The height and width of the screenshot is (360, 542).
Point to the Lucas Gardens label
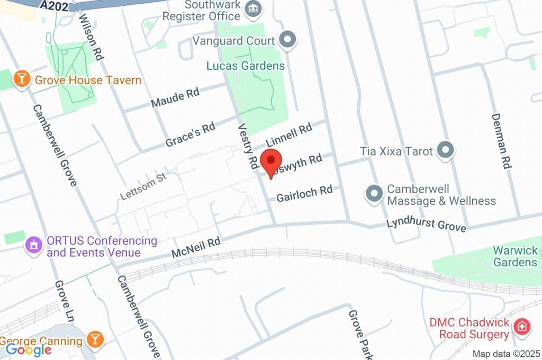pos(246,66)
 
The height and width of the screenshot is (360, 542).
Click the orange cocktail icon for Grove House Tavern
pos(22,79)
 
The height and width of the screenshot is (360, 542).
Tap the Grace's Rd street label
pos(190,135)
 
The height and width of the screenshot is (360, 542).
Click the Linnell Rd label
pos(289,136)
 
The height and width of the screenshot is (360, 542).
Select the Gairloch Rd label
pos(304,193)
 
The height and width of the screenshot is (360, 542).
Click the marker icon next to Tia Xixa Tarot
pos(446,150)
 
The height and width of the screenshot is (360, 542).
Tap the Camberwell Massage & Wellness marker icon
pos(374,194)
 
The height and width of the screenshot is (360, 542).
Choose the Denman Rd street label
pos(500,140)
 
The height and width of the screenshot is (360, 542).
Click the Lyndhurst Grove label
pos(426,224)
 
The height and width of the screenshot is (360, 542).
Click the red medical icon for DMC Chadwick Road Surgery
pos(522,327)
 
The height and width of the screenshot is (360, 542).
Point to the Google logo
pos(28,349)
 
